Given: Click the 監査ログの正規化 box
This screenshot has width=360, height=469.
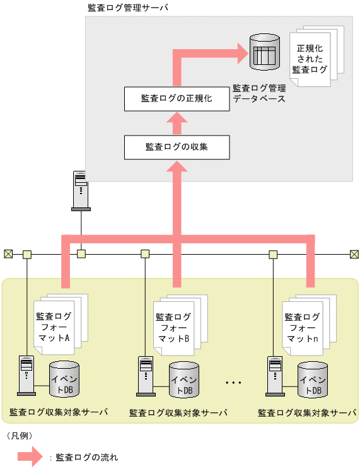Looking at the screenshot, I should [176, 99].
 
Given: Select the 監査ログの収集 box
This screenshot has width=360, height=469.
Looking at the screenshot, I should [176, 147].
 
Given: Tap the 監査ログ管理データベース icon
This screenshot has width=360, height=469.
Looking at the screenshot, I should [264, 51].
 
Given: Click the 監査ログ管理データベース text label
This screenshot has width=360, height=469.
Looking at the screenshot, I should [259, 94].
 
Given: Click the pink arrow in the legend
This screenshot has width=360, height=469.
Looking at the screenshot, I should [29, 456].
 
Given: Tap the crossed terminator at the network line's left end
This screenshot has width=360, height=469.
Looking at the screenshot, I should [8, 254].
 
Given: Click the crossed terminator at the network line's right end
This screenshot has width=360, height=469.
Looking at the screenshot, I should [353, 254].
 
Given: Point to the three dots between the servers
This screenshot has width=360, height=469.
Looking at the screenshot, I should [233, 383].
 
